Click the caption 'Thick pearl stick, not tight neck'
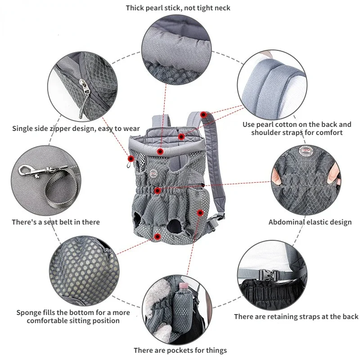(x=178, y=8)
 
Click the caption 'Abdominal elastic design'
(x=310, y=222)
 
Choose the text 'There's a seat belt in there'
(x=56, y=222)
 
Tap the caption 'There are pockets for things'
(x=180, y=350)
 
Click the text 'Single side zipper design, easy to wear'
(x=76, y=129)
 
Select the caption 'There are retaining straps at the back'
(x=296, y=316)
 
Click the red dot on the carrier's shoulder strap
(x=203, y=115)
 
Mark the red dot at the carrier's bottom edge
(x=157, y=236)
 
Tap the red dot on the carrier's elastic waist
(x=157, y=191)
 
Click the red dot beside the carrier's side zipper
(x=131, y=158)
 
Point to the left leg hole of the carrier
(x=141, y=221)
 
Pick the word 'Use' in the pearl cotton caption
(x=249, y=124)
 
